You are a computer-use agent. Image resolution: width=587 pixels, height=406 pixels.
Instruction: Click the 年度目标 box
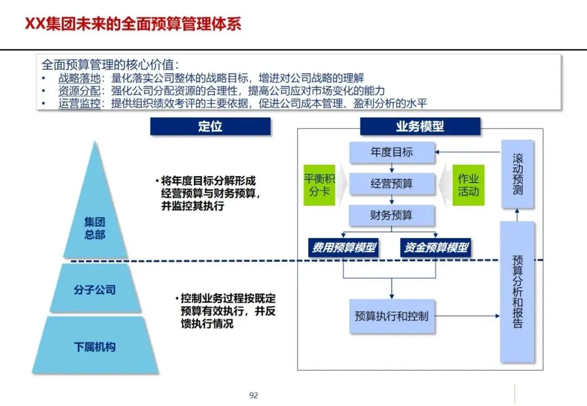391,153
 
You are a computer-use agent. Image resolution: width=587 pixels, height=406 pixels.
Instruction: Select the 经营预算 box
391,184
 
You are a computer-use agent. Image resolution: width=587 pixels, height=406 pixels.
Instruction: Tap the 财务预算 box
391,215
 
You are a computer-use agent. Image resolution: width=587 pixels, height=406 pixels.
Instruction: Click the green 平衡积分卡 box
319,185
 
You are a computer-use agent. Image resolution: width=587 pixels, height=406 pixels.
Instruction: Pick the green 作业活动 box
468,185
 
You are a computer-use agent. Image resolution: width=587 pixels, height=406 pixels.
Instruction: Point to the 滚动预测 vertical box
517,174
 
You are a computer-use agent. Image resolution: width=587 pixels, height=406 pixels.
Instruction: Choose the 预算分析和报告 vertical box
517,291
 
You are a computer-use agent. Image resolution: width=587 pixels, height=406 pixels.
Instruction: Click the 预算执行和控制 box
391,316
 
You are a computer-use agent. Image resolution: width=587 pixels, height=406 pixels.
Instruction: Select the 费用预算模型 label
344,248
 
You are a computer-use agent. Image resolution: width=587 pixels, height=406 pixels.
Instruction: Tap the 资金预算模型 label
436,248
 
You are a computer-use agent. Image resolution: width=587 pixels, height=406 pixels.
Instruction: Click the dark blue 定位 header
210,127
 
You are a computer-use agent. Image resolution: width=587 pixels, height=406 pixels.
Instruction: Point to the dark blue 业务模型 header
420,127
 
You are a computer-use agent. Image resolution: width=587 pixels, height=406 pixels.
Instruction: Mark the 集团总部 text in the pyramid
95,229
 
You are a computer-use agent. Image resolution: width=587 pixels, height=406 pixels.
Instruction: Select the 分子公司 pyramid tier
95,290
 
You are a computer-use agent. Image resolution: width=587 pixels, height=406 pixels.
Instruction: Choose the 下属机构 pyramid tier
95,346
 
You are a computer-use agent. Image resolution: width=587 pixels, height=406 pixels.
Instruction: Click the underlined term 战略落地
79,78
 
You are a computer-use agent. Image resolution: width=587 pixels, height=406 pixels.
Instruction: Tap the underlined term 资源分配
79,91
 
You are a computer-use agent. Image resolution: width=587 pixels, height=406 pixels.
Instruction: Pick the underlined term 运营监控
79,103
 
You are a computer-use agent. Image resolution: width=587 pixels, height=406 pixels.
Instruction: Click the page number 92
254,395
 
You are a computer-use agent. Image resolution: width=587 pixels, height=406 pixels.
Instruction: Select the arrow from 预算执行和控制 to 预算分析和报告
467,316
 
